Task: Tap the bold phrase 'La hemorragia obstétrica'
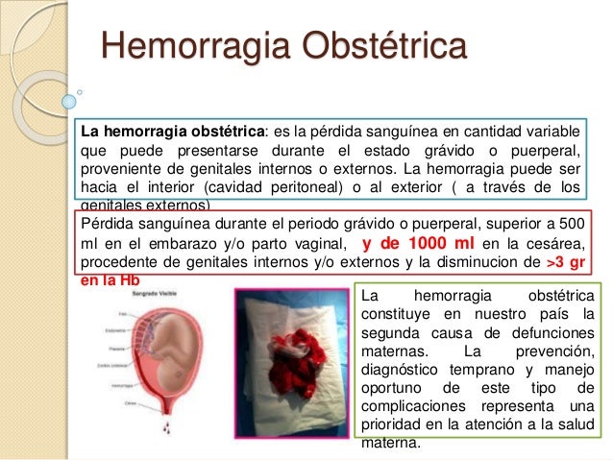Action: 172,131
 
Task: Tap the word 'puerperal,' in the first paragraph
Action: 544,149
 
